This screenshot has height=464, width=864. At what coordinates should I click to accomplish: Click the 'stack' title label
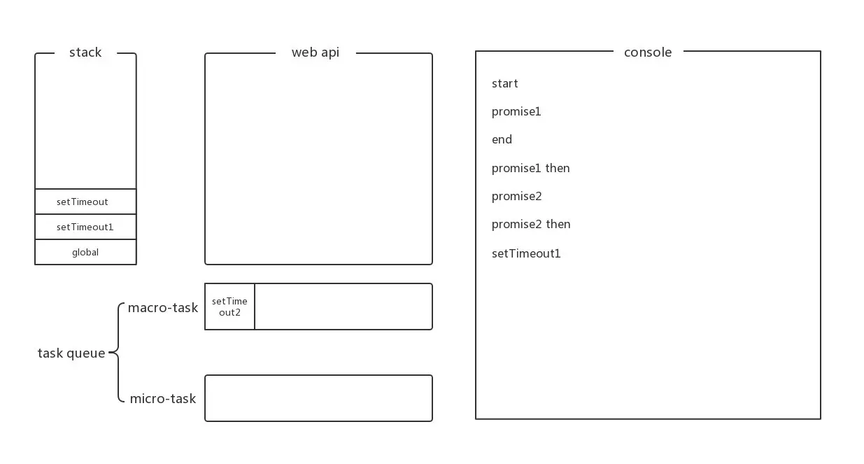tap(85, 52)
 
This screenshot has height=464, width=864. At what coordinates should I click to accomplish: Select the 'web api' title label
tap(316, 52)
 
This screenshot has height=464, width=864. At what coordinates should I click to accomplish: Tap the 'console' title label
tap(648, 52)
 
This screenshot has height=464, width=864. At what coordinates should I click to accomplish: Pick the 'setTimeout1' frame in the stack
tap(85, 227)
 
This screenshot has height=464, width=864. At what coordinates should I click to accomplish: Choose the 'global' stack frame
tap(85, 252)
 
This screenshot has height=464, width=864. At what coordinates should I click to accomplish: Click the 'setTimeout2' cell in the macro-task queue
tap(229, 307)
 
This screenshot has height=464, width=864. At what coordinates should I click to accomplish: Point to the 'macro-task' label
tap(163, 308)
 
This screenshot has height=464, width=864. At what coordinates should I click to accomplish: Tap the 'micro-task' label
tap(163, 398)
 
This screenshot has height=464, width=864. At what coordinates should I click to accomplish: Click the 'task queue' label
tap(71, 353)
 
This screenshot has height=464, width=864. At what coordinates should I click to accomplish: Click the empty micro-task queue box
tap(318, 398)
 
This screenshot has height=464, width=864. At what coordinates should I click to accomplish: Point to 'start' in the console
tap(504, 83)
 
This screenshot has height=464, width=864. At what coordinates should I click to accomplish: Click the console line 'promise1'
tap(516, 112)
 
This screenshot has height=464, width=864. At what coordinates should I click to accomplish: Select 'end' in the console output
tap(502, 139)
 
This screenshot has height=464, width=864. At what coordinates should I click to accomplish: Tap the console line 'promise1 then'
tap(530, 168)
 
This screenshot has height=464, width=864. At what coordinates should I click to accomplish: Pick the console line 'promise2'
tap(516, 196)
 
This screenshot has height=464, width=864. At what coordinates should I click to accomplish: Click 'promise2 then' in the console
tap(531, 224)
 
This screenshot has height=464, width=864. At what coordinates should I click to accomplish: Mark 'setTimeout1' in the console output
tap(526, 253)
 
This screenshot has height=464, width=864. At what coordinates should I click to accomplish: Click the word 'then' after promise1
tap(558, 168)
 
